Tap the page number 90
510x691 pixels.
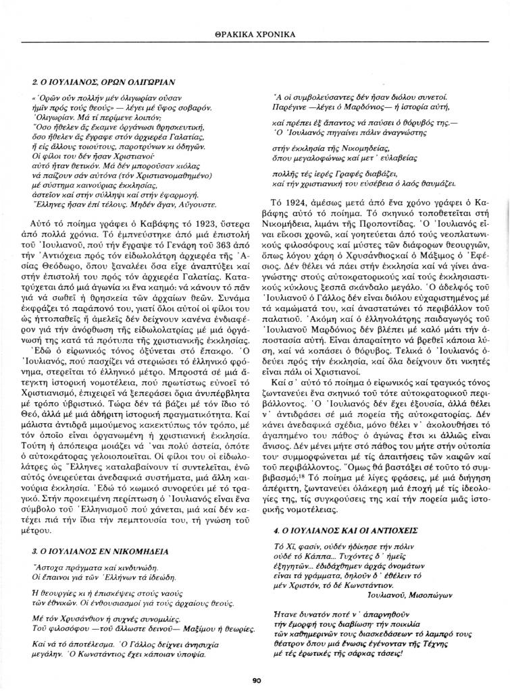click(256, 680)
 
